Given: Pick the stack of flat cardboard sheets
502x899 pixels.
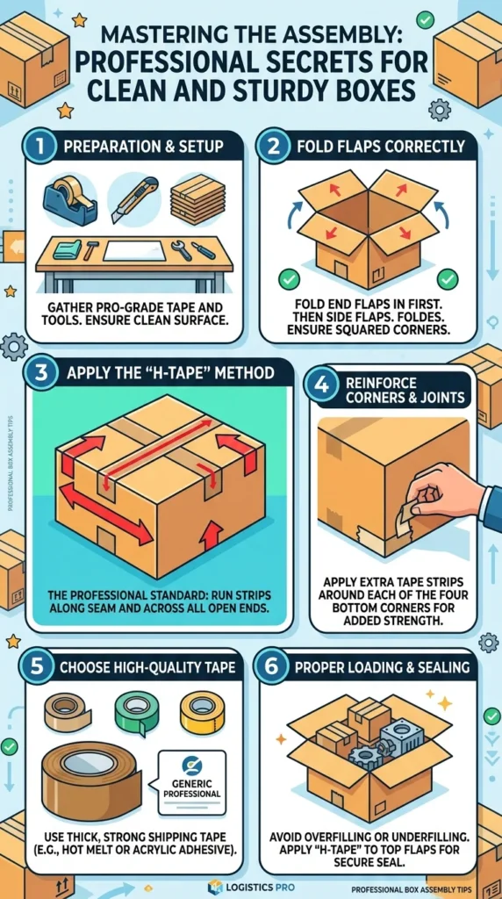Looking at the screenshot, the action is point(198,199).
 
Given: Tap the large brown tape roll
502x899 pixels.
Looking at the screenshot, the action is point(91,778).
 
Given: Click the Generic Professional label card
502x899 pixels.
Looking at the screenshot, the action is point(192,782).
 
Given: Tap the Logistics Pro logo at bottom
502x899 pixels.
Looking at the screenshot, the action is point(252,887).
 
